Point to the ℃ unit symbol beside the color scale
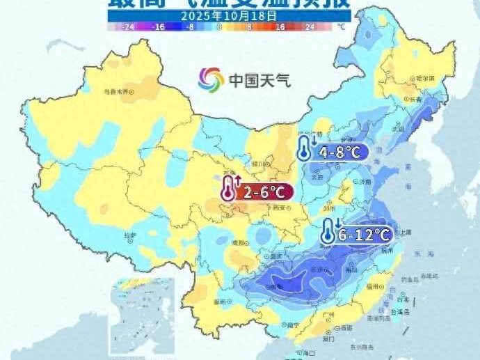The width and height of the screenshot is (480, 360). tap(340, 26)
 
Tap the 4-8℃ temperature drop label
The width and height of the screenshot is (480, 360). tap(339, 152)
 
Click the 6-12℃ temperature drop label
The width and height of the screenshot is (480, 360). tap(363, 235)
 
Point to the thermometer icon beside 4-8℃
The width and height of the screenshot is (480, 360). tap(305, 149)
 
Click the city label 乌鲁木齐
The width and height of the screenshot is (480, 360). tap(117, 91)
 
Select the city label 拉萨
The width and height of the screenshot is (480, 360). tap(130, 235)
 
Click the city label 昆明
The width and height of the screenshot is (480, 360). tap(221, 302)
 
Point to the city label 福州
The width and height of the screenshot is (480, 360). tap(372, 286)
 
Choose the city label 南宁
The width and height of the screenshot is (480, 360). tap(293, 324)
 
